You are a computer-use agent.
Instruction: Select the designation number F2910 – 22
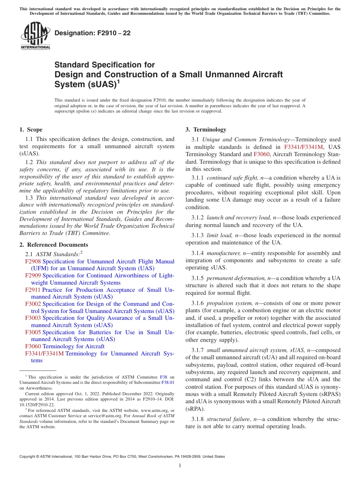[92, 33]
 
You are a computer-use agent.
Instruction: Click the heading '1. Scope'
[31, 130]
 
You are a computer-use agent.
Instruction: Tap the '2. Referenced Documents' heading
[54, 245]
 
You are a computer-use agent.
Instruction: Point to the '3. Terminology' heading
[206, 130]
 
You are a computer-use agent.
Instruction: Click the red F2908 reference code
[33, 261]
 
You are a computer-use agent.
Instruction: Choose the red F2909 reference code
[33, 275]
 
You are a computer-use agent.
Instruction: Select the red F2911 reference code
[33, 290]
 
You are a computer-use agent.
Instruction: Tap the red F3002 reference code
[33, 304]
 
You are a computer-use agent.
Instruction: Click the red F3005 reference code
[33, 332]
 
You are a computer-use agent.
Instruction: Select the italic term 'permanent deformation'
[236, 278]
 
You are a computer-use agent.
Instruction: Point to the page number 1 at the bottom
[180, 466]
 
